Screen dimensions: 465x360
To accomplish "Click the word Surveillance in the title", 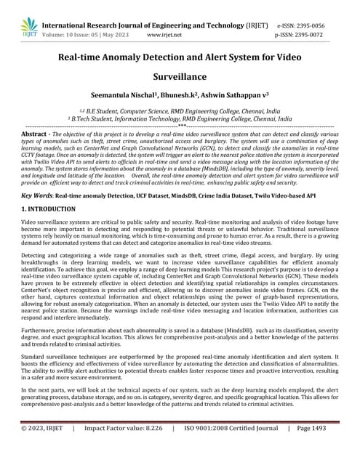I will coord(180,76).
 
